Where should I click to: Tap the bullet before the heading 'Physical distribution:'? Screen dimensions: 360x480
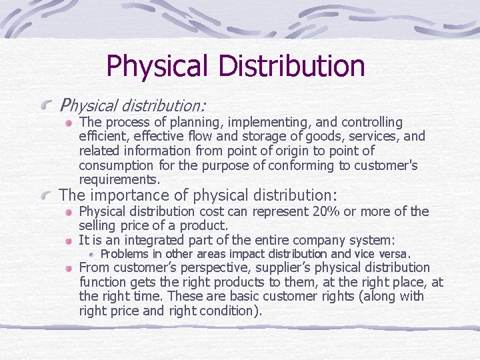(x=47, y=105)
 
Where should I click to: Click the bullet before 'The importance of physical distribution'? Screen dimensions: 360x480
(x=47, y=196)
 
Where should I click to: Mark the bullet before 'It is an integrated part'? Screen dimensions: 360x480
(x=69, y=241)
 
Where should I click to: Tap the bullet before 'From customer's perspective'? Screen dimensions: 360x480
(x=69, y=268)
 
